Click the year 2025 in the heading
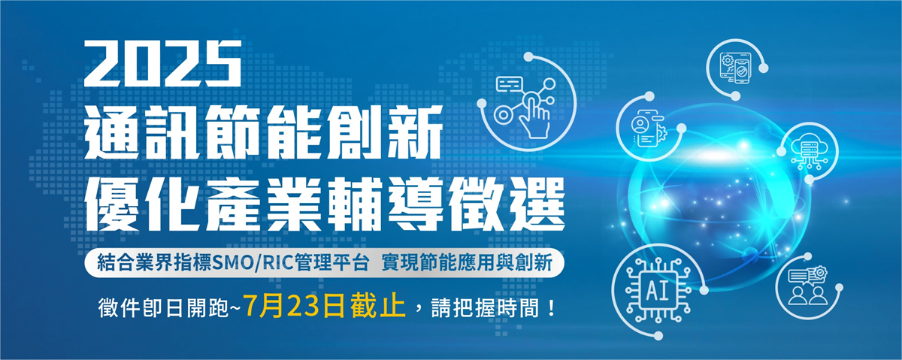pos(162,63)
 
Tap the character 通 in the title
pos(111,132)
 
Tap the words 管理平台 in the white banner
pos(331,263)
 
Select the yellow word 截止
pos(377,307)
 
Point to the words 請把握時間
pos(486,308)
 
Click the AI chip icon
pos(657,290)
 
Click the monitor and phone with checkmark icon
pos(735,68)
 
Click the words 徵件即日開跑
pos(163,308)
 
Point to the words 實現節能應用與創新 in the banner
pos(467,263)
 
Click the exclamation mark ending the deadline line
pos(552,308)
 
